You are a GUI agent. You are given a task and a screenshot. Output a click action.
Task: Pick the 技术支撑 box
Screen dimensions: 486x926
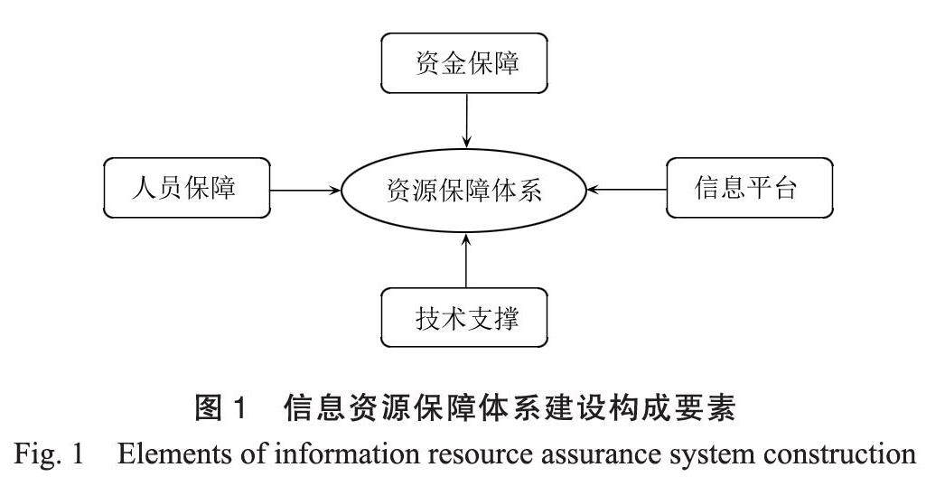(466, 318)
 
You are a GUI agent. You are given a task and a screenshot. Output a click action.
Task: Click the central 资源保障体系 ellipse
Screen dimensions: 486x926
(464, 191)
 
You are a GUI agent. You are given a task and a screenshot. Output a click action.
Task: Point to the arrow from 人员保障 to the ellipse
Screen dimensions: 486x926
(305, 191)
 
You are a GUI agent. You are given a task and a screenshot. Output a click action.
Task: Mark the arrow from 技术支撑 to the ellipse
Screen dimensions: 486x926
(466, 261)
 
